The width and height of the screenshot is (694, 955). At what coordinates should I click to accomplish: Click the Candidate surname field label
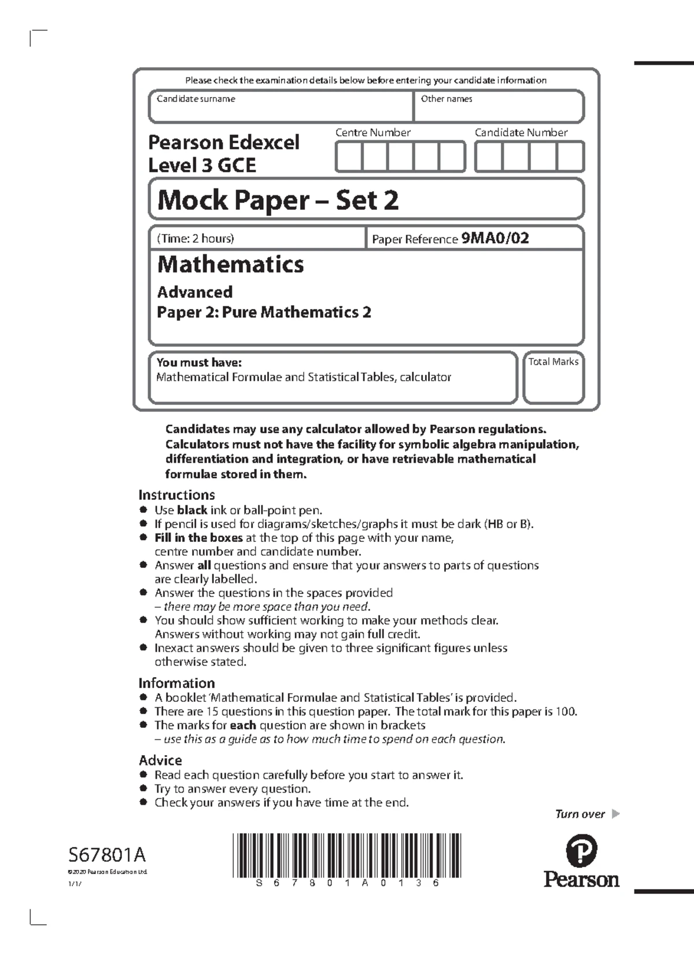[195, 99]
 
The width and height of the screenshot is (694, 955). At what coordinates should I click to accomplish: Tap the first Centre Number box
[349, 157]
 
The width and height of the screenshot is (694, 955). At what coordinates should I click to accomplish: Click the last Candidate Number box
[570, 157]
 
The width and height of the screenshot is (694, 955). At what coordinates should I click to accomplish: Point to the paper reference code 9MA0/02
[494, 238]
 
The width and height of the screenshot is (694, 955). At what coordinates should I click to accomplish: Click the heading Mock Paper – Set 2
[278, 200]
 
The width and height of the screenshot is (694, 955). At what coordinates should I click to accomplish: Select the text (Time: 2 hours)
[195, 238]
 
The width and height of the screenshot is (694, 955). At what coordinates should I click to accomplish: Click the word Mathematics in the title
[230, 264]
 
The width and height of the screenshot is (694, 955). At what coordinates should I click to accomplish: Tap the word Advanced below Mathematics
[195, 292]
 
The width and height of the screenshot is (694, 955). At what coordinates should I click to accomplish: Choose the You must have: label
[199, 362]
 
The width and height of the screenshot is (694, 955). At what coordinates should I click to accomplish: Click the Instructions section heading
[176, 495]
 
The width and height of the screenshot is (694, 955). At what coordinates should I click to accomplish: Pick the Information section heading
[176, 683]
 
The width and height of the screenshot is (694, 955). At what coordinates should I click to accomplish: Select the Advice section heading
[160, 760]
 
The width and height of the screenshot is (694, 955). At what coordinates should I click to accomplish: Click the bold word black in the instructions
[192, 510]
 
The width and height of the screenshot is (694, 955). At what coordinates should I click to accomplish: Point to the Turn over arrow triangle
[615, 814]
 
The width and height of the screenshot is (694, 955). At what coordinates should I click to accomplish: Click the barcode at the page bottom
[347, 855]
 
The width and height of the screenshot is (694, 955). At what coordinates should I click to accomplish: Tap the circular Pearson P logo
[581, 850]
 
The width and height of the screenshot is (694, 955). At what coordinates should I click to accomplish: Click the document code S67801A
[107, 854]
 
